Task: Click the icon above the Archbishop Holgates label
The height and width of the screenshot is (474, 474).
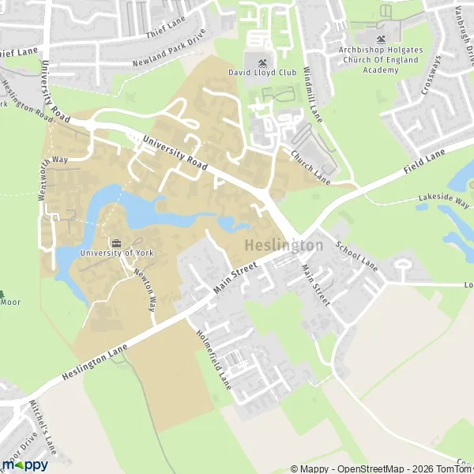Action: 383,39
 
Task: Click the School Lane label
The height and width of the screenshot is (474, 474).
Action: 356,255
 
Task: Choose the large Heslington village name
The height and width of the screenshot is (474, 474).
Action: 284,246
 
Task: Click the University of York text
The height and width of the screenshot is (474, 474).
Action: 117,253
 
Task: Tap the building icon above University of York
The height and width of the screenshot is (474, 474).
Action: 117,242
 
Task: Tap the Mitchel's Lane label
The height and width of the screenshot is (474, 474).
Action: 47,435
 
